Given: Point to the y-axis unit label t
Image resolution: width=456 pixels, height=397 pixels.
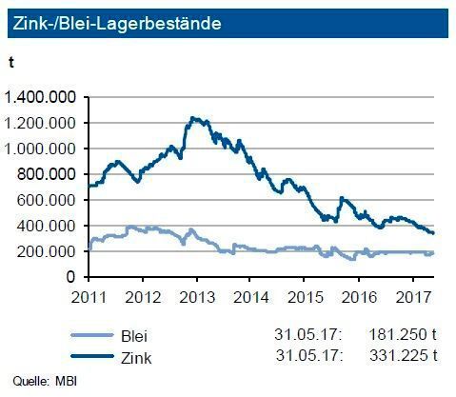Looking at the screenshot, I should tap(10, 62).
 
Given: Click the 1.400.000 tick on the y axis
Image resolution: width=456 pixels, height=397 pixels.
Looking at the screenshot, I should tap(43, 97).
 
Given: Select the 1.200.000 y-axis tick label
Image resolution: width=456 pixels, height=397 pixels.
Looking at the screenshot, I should tap(43, 123).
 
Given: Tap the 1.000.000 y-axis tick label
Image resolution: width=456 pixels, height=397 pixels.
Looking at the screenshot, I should tap(43, 149).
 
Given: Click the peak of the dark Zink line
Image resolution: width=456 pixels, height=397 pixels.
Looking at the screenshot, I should tap(193, 118).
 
